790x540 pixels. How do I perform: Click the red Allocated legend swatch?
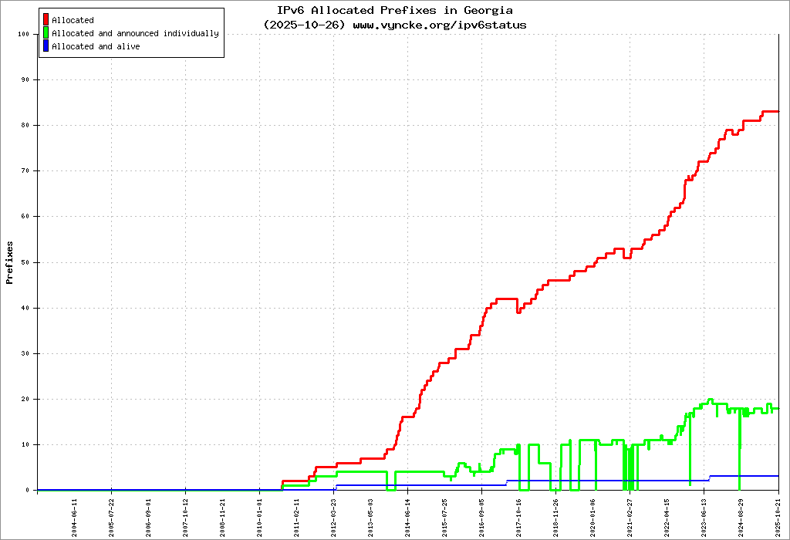[46, 20]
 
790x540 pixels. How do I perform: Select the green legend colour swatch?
[46, 33]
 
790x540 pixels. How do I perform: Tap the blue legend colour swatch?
[46, 46]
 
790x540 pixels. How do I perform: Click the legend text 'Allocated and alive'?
[96, 47]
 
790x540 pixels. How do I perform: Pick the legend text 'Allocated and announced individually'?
[135, 34]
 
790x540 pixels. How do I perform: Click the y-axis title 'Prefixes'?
[10, 262]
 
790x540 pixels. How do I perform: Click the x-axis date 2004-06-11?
[75, 515]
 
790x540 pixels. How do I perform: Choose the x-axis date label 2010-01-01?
[260, 515]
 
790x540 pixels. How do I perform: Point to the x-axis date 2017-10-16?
[519, 515]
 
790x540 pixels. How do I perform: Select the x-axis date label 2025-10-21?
[778, 515]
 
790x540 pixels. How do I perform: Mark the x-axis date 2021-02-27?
[630, 515]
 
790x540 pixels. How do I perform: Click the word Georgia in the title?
[488, 11]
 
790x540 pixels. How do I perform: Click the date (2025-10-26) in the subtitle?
[304, 25]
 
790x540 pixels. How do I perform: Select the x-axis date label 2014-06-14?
[408, 515]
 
